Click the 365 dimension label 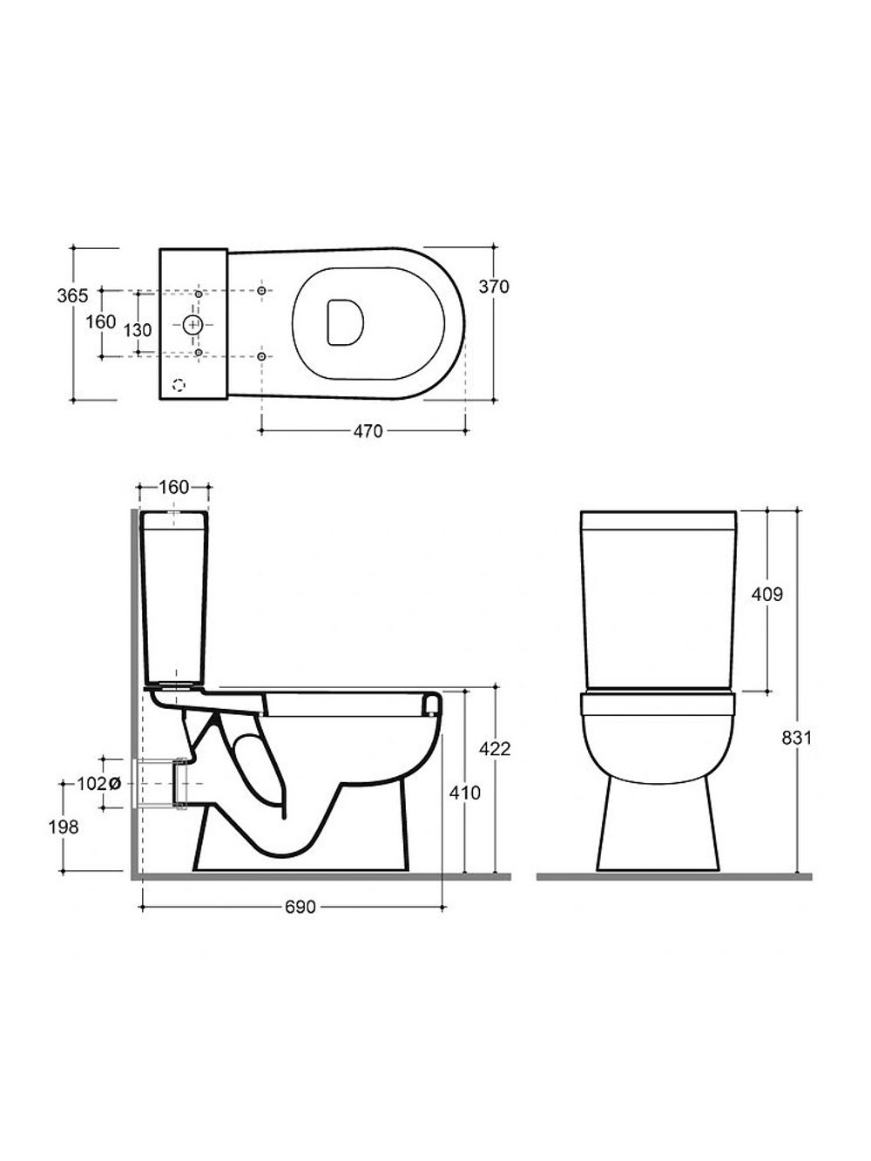[72, 296]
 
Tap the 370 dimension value [493, 287]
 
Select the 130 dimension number [138, 330]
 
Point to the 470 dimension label [368, 432]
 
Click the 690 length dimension [300, 908]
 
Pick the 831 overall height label [796, 738]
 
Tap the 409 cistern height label [766, 595]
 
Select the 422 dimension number [495, 749]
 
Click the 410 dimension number [465, 793]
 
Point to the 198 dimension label [64, 827]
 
